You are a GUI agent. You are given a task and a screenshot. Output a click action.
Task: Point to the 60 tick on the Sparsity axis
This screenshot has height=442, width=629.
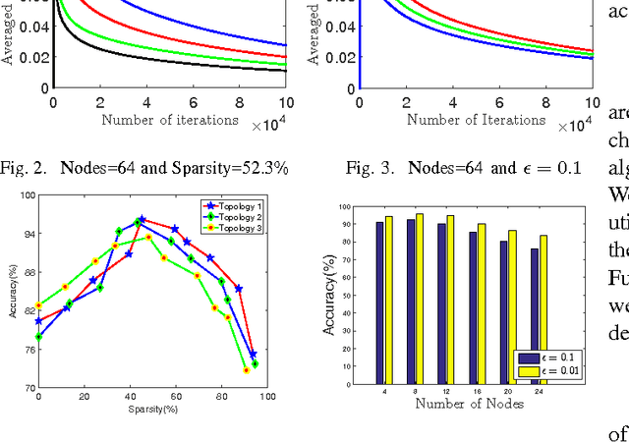coord(175,396)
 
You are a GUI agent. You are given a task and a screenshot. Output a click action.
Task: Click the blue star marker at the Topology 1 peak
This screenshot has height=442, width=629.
coord(142,220)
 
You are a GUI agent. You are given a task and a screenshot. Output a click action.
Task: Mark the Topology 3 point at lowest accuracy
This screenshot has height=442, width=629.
coord(247,370)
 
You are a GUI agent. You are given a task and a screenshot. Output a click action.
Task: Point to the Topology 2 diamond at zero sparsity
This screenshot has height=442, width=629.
coord(38,337)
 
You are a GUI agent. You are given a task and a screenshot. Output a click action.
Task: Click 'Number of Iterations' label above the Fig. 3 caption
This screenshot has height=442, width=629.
coord(462,120)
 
